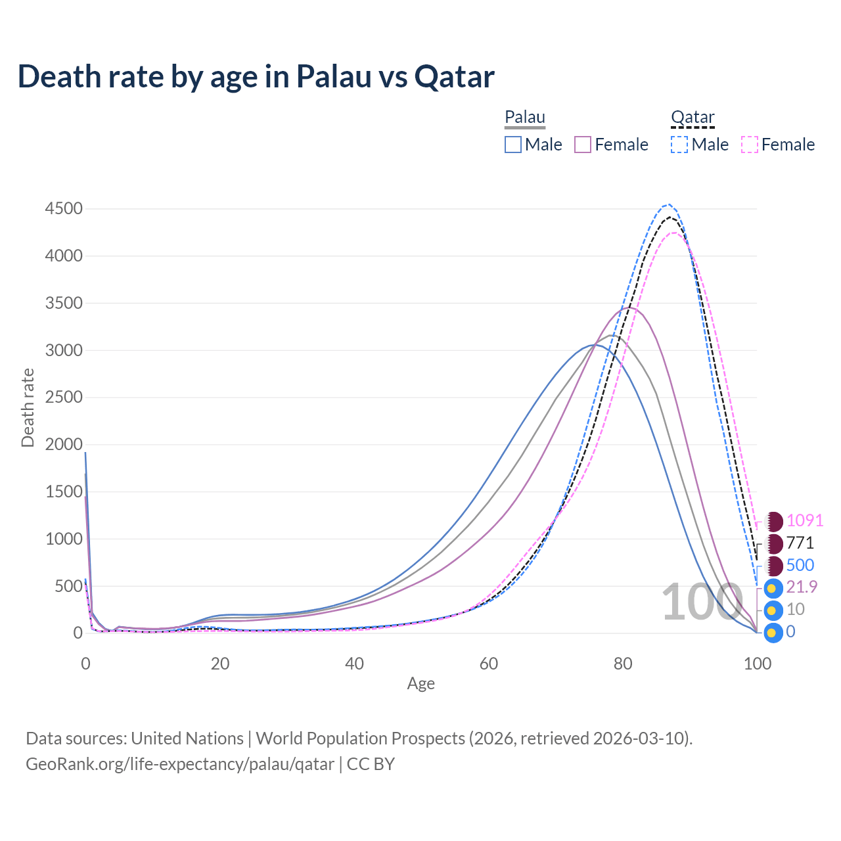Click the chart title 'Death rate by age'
click(x=256, y=77)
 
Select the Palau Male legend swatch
click(x=513, y=145)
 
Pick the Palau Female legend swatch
click(x=583, y=145)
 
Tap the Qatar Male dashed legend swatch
click(x=679, y=145)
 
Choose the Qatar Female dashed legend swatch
click(x=750, y=145)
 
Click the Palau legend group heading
click(x=525, y=118)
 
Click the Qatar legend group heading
click(x=693, y=118)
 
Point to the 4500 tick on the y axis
click(x=64, y=209)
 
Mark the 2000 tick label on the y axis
click(x=64, y=445)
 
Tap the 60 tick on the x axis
click(x=489, y=664)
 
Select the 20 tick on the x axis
click(x=220, y=664)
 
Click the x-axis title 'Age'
click(x=420, y=684)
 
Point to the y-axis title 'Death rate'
click(x=28, y=407)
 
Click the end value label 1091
click(x=804, y=520)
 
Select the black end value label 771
click(x=800, y=543)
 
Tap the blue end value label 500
click(x=800, y=565)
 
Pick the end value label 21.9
click(x=802, y=587)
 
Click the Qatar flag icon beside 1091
click(x=774, y=522)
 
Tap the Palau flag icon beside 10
click(x=774, y=610)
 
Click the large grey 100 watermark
click(x=701, y=602)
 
